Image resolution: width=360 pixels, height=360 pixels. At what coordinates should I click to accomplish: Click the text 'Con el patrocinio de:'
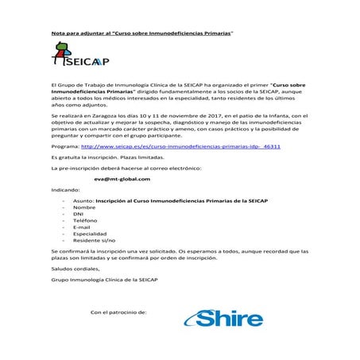coord(119,312)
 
